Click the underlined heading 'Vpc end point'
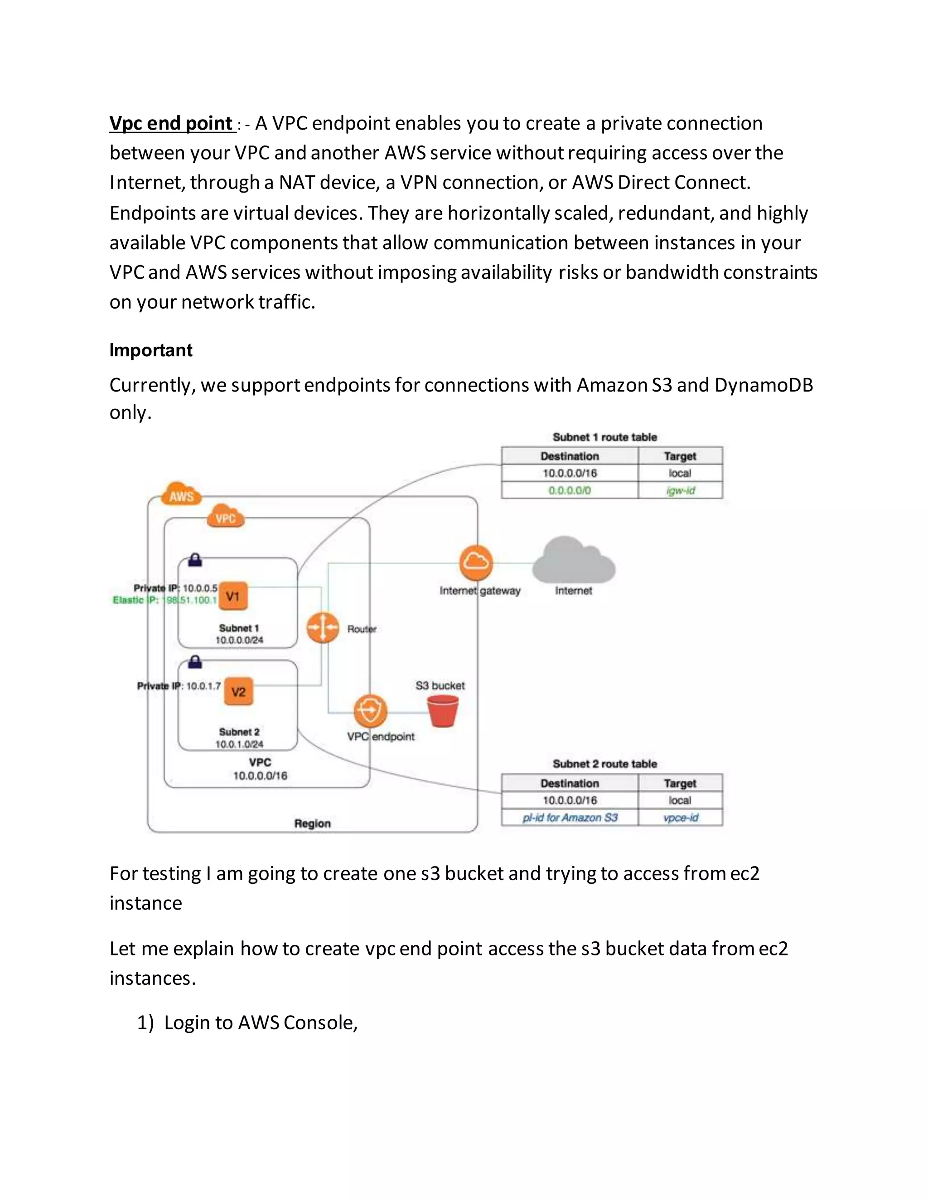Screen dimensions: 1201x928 (x=172, y=123)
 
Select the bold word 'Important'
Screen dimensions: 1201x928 (x=150, y=350)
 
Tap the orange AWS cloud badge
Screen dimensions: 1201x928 (x=181, y=495)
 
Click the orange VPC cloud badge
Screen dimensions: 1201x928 (x=225, y=517)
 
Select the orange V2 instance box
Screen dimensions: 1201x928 (x=238, y=692)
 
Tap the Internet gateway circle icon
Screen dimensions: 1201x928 (x=475, y=562)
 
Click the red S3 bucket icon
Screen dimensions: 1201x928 (x=443, y=711)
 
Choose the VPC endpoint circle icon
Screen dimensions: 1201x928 (x=370, y=711)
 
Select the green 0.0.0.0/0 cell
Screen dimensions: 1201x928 (x=570, y=490)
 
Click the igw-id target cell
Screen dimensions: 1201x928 (x=680, y=490)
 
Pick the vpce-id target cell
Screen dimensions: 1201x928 (x=680, y=818)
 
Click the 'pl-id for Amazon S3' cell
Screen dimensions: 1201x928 (x=570, y=818)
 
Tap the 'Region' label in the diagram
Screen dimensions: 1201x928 (x=312, y=823)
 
